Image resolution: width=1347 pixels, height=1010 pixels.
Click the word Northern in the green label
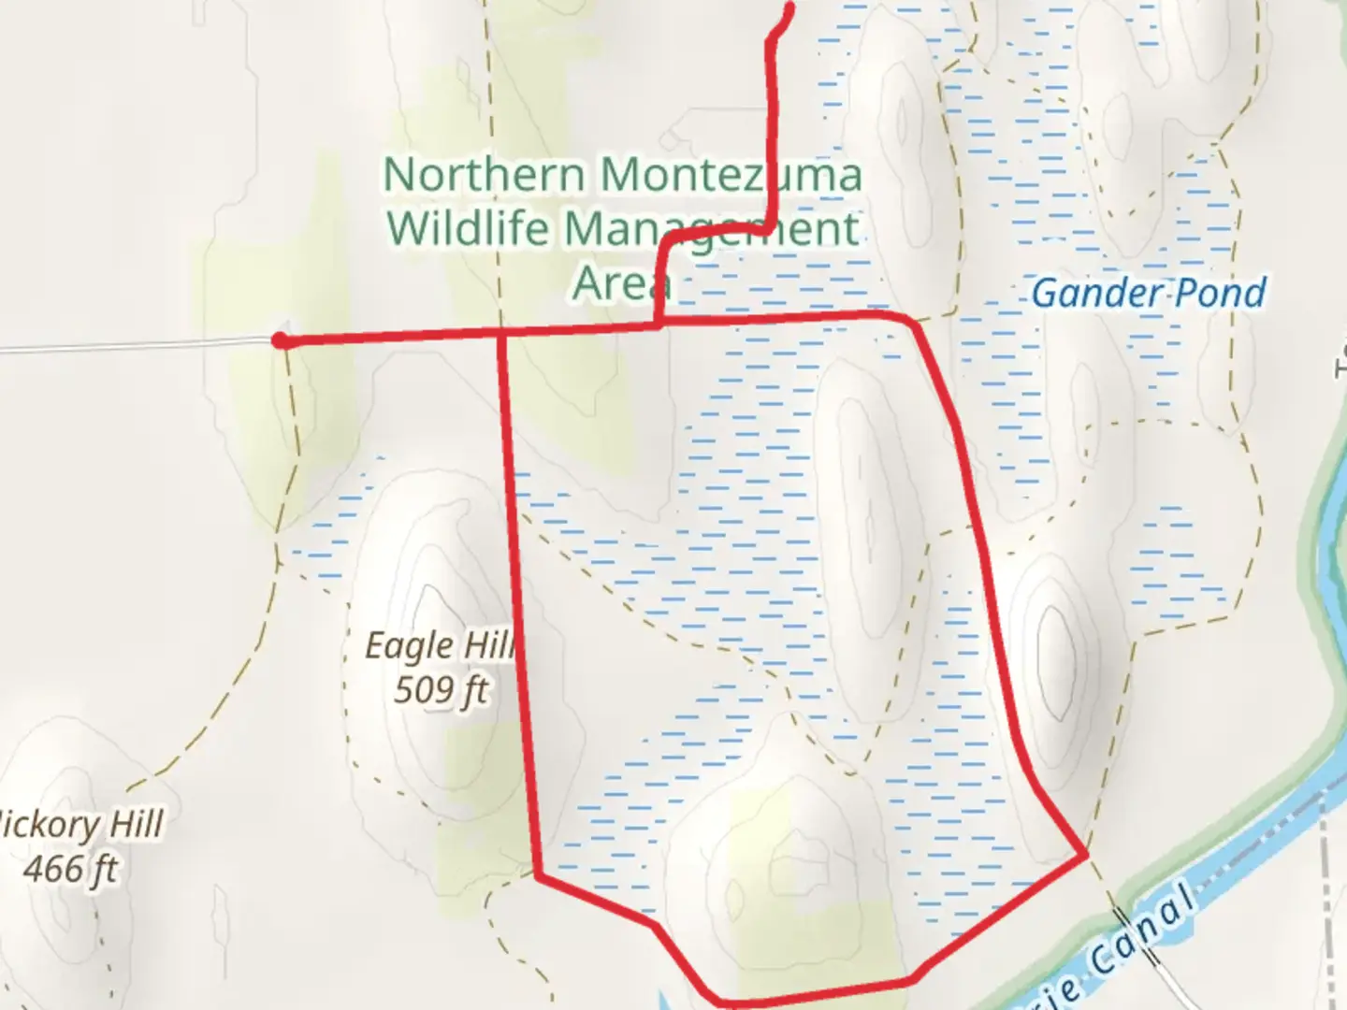485,175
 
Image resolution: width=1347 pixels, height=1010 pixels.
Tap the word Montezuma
730,175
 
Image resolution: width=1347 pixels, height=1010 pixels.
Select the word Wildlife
468,228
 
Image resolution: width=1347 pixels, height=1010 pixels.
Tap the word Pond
1221,293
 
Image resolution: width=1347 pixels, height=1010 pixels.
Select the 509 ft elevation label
441,691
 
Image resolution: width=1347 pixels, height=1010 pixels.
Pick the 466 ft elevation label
71,870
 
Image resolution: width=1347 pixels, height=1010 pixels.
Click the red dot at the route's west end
280,340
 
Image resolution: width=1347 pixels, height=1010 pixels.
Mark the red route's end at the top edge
790,7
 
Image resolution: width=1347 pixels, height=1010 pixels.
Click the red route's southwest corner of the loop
539,875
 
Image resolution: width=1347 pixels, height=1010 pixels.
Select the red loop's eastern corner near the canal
1085,854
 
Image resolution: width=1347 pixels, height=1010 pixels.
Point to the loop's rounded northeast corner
912,320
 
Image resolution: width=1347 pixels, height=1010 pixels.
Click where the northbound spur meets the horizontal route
659,325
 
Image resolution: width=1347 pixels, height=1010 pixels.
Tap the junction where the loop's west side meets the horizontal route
503,331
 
